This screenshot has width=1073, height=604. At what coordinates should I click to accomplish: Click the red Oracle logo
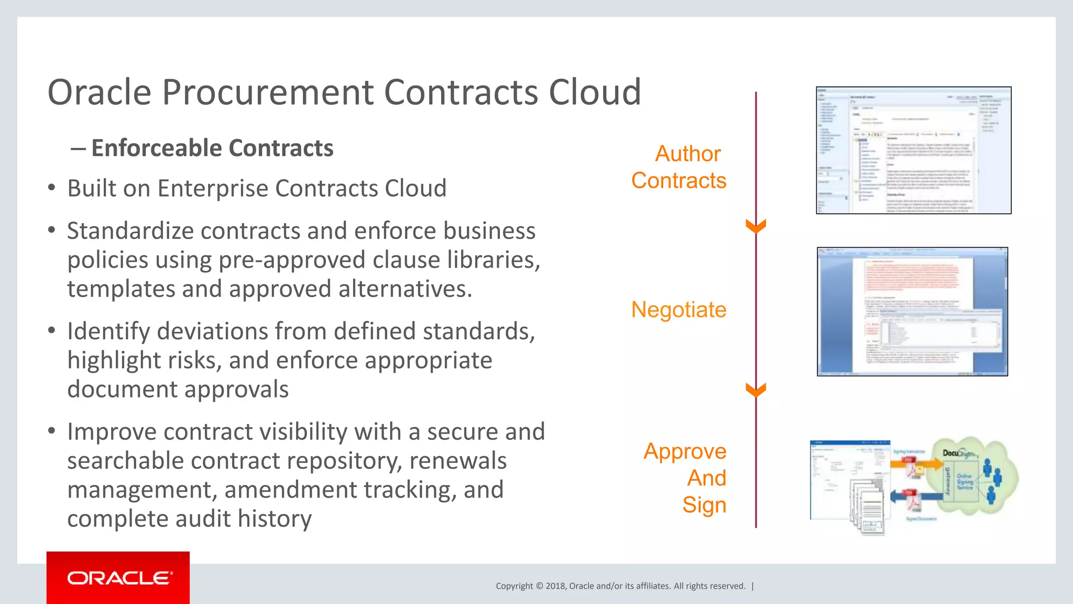tap(118, 578)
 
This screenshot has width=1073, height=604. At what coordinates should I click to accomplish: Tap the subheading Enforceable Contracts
tap(212, 148)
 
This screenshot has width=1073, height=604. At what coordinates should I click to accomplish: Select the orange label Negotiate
tap(678, 310)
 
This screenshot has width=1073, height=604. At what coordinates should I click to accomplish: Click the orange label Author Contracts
tap(679, 167)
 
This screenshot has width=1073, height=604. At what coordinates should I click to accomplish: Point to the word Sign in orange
tap(704, 505)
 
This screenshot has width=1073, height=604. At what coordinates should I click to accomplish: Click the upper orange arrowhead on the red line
tap(756, 226)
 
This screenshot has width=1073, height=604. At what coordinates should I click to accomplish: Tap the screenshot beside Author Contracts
tap(913, 150)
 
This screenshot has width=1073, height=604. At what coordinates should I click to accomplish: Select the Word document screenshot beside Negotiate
tap(912, 311)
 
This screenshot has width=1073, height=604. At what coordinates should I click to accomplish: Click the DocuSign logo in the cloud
tap(958, 453)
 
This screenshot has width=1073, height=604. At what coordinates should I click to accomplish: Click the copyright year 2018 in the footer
tap(555, 586)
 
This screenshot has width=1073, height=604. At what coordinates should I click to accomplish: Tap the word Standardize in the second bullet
tap(129, 231)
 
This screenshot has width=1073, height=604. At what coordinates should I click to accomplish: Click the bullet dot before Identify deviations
tap(51, 331)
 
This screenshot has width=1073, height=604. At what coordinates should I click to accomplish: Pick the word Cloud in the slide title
tap(595, 93)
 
